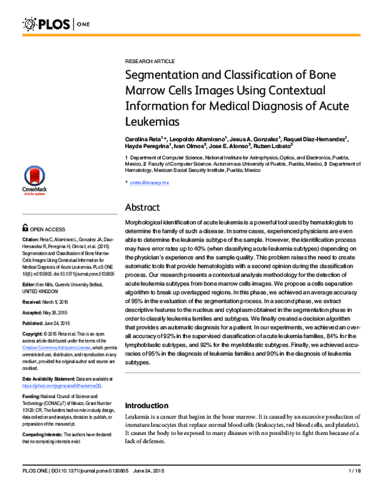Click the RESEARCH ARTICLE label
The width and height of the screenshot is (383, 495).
tap(149, 61)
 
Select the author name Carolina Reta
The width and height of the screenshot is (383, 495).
tap(146, 138)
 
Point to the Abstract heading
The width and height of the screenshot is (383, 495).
tap(146, 207)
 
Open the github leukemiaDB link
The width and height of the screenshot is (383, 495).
tap(61, 386)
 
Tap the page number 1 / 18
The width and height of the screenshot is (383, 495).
tap(355, 489)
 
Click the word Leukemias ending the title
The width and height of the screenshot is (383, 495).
tap(150, 119)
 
